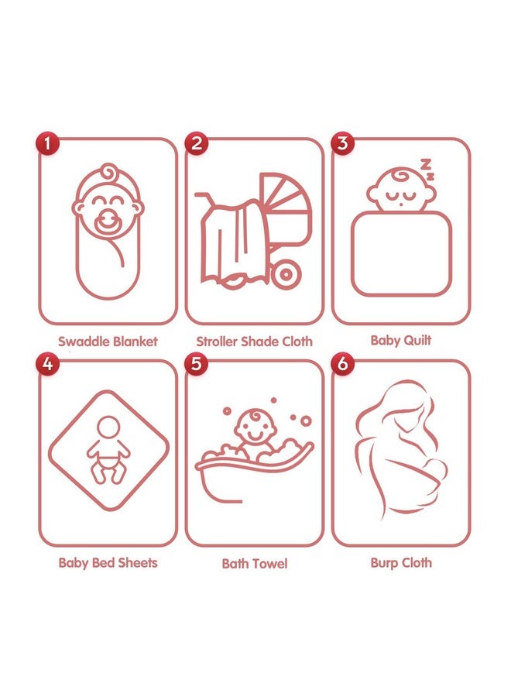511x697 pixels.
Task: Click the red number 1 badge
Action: coord(47,143)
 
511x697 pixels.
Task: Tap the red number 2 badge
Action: coord(197,143)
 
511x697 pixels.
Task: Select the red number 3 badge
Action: coord(342,143)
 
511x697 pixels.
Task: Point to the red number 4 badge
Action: coord(47,364)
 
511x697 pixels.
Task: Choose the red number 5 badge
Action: coord(197,364)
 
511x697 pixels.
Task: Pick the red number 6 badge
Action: coord(342,364)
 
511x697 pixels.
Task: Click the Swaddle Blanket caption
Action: coord(108,342)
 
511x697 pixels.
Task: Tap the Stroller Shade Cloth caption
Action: coord(254,342)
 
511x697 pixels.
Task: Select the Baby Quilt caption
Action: coord(401,341)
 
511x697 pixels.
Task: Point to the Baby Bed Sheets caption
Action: coord(108,563)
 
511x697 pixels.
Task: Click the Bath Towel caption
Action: coord(255,564)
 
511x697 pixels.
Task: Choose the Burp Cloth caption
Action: coord(401,563)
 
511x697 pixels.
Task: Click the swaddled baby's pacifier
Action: coord(108,221)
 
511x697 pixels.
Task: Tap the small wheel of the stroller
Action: coord(286,274)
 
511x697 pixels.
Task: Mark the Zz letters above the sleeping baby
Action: coord(427,169)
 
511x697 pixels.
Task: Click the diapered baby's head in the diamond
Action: coord(108,427)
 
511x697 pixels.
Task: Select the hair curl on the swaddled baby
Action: coord(109,172)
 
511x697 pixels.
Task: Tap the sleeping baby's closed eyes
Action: coord(401,196)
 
